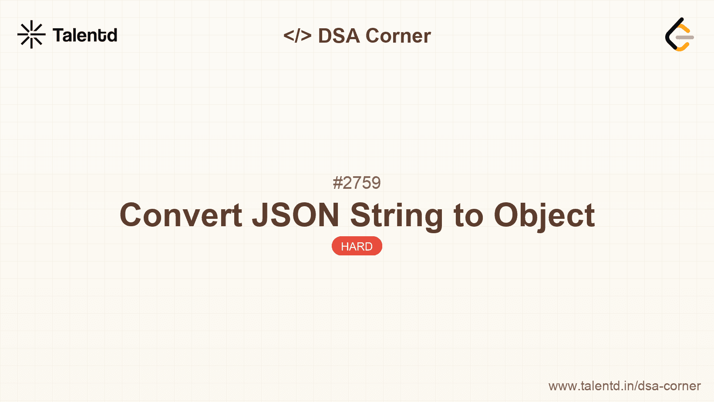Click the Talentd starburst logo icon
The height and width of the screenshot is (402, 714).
[31, 34]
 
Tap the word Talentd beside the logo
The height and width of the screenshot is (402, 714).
[85, 35]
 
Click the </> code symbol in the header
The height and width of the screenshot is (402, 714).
[297, 36]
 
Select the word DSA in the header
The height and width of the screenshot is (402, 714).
[339, 36]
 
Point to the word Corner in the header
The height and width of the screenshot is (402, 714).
[398, 36]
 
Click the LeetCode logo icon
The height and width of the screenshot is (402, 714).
[679, 35]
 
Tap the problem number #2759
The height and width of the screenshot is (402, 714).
[357, 183]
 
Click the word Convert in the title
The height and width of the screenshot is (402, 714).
[181, 215]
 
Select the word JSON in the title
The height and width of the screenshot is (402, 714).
[296, 215]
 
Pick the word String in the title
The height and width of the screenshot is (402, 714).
[397, 215]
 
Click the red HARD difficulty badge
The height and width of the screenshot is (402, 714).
[357, 246]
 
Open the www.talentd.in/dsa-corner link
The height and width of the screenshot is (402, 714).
[624, 386]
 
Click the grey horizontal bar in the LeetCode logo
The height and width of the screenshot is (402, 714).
[685, 37]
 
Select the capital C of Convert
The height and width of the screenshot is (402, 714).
[132, 215]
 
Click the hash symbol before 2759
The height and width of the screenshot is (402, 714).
[337, 183]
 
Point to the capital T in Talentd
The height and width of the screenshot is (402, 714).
[58, 35]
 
